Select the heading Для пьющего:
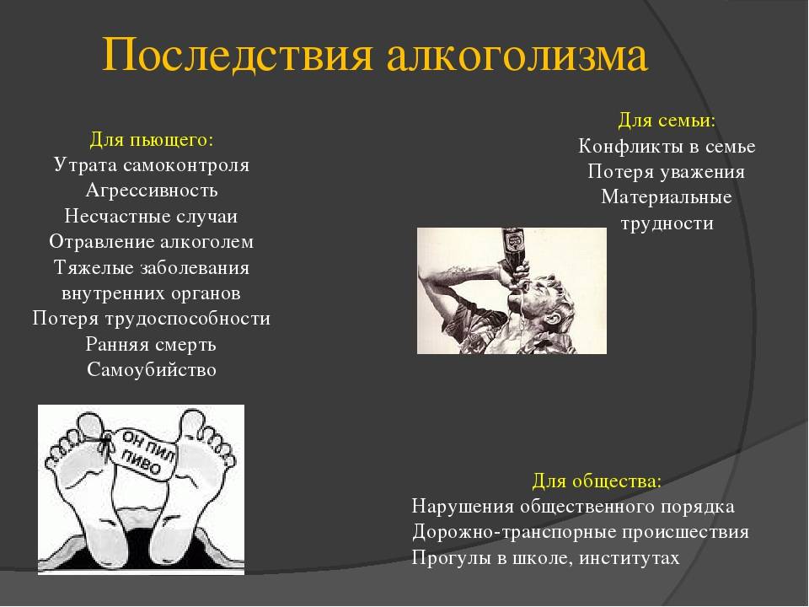click(152, 138)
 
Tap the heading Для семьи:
click(667, 121)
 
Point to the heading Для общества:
click(597, 481)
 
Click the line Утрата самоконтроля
click(152, 164)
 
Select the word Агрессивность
click(152, 191)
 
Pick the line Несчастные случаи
click(152, 216)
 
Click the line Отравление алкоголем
click(152, 242)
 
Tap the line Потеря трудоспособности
click(152, 319)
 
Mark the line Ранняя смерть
click(152, 344)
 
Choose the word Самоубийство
click(152, 370)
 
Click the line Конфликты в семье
click(667, 146)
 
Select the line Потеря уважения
click(667, 172)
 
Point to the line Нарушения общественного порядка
click(573, 507)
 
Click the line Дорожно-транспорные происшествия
click(581, 532)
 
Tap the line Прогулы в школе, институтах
click(545, 558)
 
